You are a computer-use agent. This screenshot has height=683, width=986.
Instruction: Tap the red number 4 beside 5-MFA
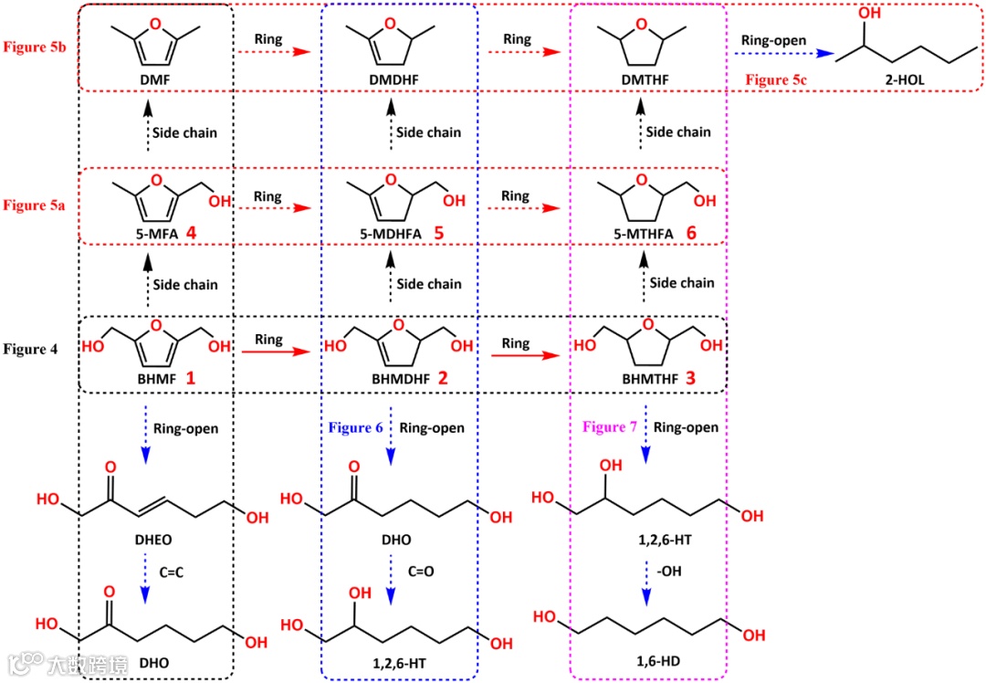coord(192,234)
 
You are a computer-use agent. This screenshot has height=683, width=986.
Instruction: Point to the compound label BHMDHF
coord(390,377)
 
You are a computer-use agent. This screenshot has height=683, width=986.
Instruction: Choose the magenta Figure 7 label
coord(608,426)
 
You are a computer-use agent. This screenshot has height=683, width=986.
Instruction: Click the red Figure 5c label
coord(779,80)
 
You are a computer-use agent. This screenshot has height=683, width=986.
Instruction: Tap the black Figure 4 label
coord(37,349)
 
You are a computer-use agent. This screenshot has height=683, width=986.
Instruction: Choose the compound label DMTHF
coord(647,81)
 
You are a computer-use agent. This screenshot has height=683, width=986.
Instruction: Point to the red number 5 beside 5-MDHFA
coord(438,234)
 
